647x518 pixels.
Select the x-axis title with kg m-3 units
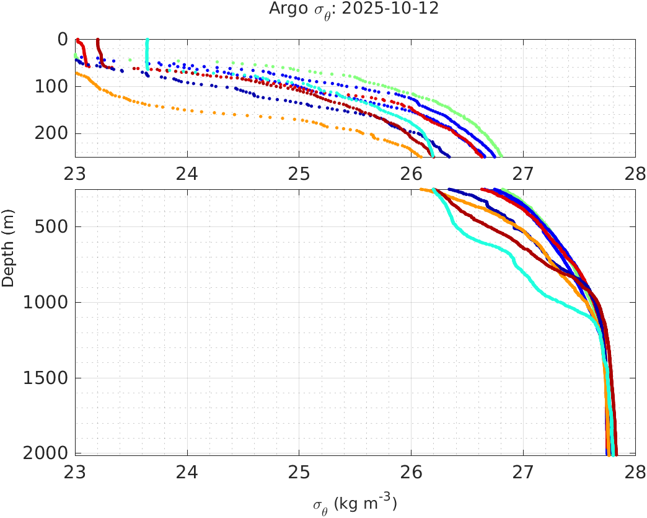pos(354,503)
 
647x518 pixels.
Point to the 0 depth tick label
pos(62,39)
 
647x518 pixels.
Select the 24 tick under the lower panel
pos(187,470)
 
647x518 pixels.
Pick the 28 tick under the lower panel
pos(635,470)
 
